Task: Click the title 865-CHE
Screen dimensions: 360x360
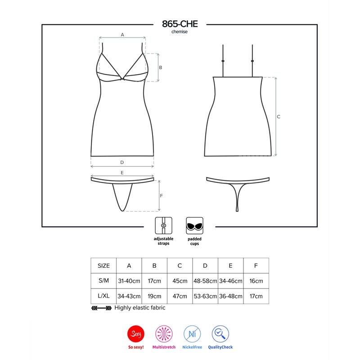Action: point(179,25)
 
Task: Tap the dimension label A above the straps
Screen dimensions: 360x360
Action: point(122,34)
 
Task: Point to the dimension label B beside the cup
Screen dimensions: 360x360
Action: point(160,67)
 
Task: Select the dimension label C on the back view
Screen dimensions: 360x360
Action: point(279,117)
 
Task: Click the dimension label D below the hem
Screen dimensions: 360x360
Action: point(122,162)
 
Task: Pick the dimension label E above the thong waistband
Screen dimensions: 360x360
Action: point(122,172)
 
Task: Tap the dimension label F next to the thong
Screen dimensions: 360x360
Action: point(161,196)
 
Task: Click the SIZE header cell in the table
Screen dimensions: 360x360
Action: point(103,265)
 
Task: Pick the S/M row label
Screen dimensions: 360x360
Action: point(103,281)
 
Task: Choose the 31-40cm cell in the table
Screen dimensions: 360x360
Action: point(129,281)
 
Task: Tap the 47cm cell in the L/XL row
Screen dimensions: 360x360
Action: point(180,297)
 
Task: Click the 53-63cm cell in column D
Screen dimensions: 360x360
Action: point(205,297)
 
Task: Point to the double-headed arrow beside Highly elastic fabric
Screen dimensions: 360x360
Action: point(101,308)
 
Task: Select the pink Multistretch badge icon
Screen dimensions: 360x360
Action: point(164,333)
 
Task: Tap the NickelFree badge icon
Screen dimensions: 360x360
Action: point(193,333)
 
